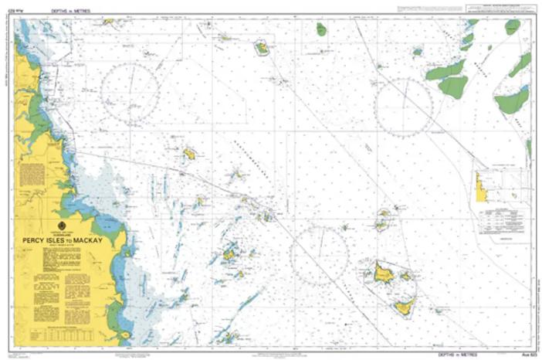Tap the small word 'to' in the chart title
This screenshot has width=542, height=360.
coord(67,241)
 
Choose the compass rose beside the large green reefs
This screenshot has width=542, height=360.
coord(403,104)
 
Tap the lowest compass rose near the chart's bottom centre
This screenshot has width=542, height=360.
coord(319,254)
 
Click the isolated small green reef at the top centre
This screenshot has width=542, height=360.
coord(321,29)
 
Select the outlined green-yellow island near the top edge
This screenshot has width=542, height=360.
coord(262,48)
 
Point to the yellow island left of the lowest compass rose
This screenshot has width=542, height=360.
coord(229,253)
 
